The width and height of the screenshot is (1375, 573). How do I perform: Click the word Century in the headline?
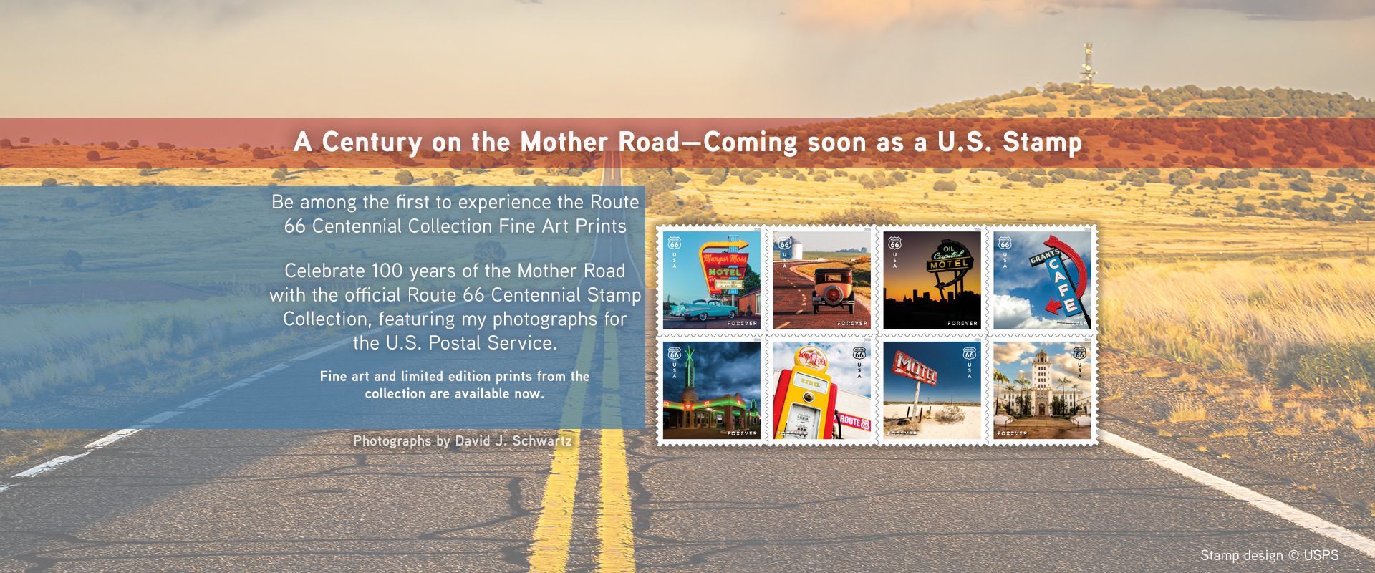[x=372, y=143]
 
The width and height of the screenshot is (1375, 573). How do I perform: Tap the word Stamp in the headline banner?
[x=1042, y=143]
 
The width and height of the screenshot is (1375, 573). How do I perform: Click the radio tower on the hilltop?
[x=1088, y=65]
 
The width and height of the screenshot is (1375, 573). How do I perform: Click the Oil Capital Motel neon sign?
[x=948, y=258]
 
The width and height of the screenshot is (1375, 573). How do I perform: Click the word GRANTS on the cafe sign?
[x=1043, y=256]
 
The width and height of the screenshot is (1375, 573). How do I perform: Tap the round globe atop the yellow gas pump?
[x=812, y=357]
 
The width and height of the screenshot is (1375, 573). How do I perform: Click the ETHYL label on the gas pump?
[x=810, y=384]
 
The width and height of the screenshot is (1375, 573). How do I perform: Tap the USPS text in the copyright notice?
[x=1321, y=555]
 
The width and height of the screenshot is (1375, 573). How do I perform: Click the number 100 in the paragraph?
[x=387, y=271]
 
